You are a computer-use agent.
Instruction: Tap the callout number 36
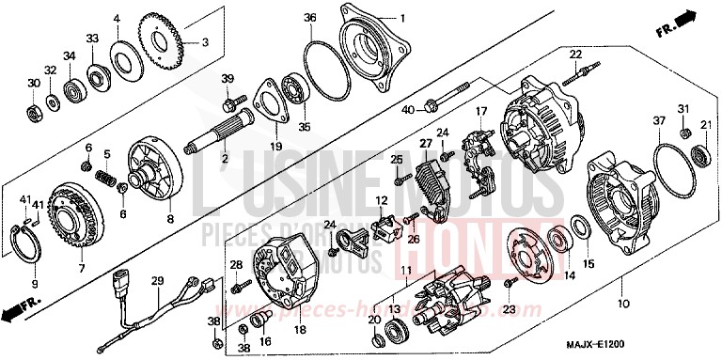(x=309, y=18)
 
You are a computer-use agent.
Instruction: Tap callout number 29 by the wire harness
(x=158, y=281)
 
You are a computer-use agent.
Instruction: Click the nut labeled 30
(x=33, y=114)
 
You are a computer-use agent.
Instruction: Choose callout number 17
(x=480, y=112)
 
